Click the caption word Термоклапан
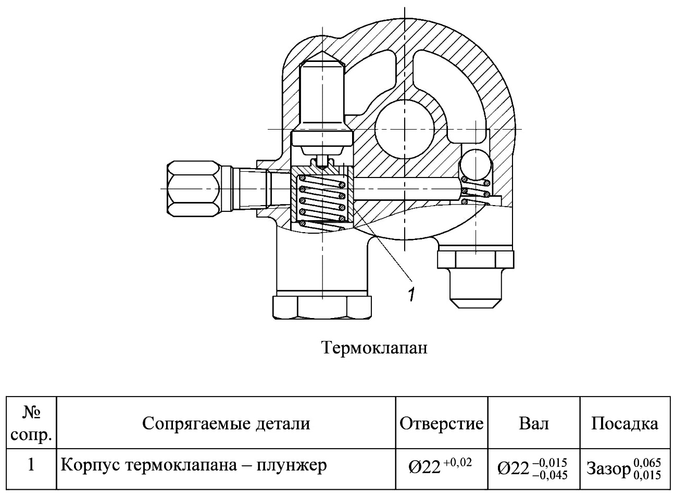point(375,348)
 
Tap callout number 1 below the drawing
point(411,294)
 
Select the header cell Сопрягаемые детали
point(226,423)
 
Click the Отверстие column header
point(442,423)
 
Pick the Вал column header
point(534,423)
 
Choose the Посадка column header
point(624,423)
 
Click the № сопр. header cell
point(31,423)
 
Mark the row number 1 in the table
point(31,465)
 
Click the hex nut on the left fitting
point(193,189)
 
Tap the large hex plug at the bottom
point(322,308)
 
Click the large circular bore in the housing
point(404,129)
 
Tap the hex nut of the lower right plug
point(476,259)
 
